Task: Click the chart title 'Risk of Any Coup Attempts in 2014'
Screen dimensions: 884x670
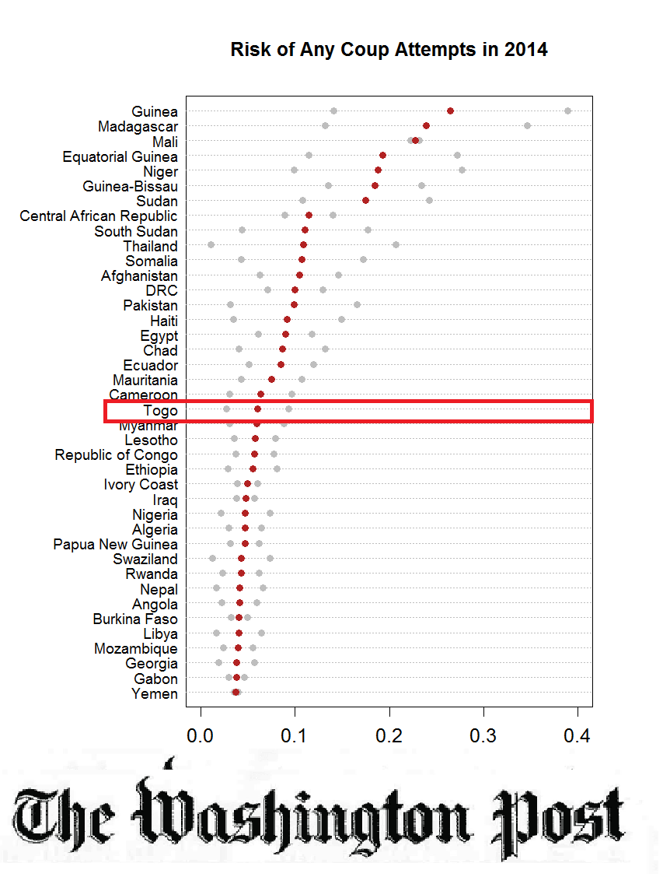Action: tap(389, 50)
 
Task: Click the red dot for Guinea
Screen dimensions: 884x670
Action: tap(450, 111)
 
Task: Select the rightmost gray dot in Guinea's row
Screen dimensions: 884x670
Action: tap(567, 111)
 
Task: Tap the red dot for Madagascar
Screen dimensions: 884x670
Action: tap(426, 125)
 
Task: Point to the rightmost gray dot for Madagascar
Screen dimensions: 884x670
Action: tap(527, 125)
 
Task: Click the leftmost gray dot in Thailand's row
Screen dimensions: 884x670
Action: tap(211, 245)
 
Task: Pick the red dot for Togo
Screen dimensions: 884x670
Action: tap(257, 409)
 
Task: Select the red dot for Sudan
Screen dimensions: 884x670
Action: tap(365, 201)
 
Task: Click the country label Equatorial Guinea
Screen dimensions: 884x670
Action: tap(120, 156)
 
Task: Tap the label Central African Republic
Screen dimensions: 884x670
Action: tap(98, 216)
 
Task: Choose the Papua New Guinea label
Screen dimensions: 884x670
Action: tap(115, 544)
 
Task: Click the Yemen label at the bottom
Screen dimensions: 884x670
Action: tap(154, 693)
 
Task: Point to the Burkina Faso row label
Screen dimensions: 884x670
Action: tap(135, 619)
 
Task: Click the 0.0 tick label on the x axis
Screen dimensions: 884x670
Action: tap(201, 735)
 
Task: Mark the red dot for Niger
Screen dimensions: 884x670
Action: tap(378, 170)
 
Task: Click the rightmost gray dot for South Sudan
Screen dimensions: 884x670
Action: tap(368, 230)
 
